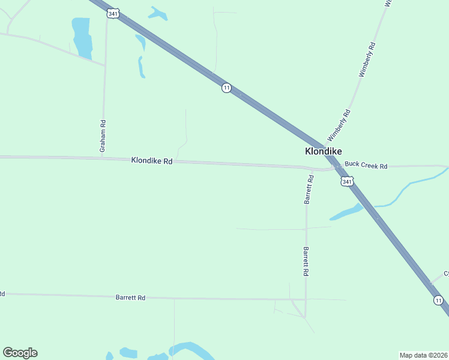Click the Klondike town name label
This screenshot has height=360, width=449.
coord(324,152)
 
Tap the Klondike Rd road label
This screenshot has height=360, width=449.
coord(152,161)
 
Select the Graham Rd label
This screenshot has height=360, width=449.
coord(103,136)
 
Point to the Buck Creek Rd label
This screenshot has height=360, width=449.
coord(366,166)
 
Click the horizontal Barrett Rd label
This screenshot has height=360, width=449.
coord(130,298)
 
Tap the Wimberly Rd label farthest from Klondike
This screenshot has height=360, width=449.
coord(367,59)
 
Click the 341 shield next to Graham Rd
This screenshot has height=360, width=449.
coord(112,13)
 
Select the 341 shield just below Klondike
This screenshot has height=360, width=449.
coord(347,181)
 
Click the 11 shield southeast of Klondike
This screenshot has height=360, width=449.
coord(439,300)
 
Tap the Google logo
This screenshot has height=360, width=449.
coord(20,353)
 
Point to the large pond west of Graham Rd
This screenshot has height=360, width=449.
coord(82,38)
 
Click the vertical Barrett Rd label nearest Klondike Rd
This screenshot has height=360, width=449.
coord(309,190)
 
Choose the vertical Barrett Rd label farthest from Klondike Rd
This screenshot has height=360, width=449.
coord(306,261)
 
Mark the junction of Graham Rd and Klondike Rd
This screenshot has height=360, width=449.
coord(103,158)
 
